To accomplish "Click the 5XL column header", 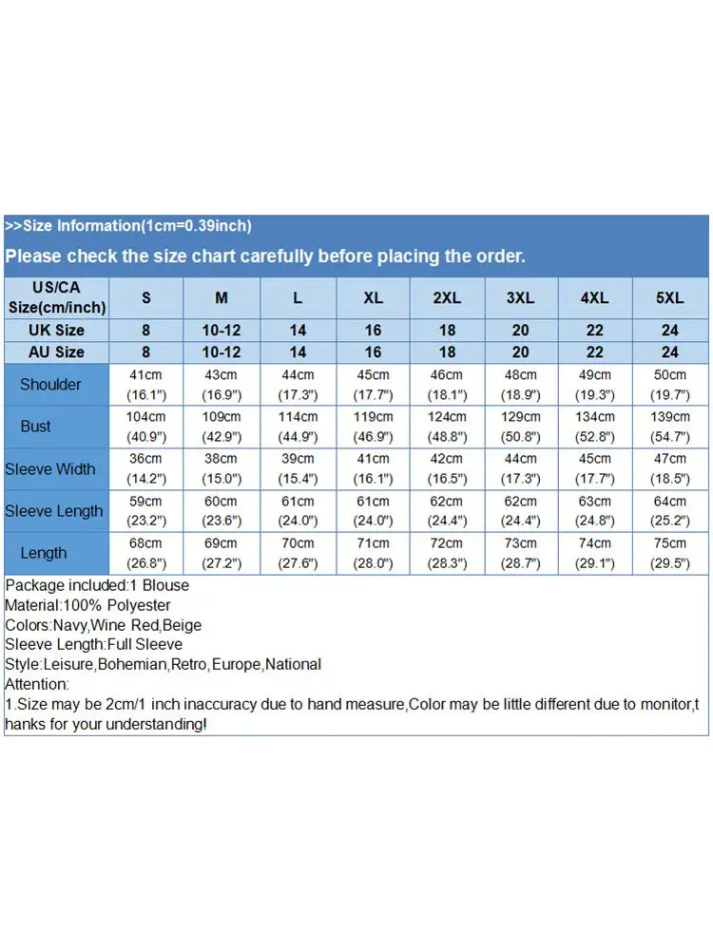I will click(x=669, y=297).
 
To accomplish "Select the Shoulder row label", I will click(x=50, y=385).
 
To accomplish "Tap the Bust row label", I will click(x=36, y=427).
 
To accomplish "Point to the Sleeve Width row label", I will click(x=50, y=468).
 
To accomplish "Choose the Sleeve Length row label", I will click(x=53, y=510).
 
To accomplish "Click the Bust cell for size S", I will click(x=146, y=427).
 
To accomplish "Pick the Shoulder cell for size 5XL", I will click(x=669, y=385).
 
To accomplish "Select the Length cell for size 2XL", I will click(x=447, y=553).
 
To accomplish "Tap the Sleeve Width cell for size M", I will click(x=222, y=468).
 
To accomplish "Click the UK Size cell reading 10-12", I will click(x=222, y=330).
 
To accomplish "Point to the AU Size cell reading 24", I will click(x=669, y=351).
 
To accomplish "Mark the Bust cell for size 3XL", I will click(x=520, y=427).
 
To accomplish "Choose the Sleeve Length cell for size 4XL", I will click(x=595, y=510).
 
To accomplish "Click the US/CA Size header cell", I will click(x=57, y=297).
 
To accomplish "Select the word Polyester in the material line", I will click(x=139, y=605).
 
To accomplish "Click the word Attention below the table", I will click(x=36, y=684).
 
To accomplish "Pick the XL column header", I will click(x=373, y=297).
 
